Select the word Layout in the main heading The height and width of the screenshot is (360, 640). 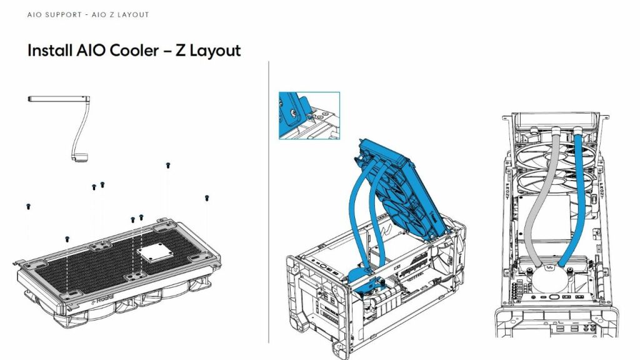coord(215,51)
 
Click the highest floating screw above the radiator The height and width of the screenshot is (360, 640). coord(167,166)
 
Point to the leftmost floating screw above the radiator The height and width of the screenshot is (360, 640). coord(28,206)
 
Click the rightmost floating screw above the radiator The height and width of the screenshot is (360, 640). coord(206,198)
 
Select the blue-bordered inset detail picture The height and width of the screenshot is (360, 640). coord(309,116)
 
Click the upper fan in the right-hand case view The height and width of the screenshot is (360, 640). coord(550,150)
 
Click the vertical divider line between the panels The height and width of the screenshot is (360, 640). coord(269,200)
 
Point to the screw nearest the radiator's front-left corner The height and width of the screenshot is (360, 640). coord(67,239)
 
